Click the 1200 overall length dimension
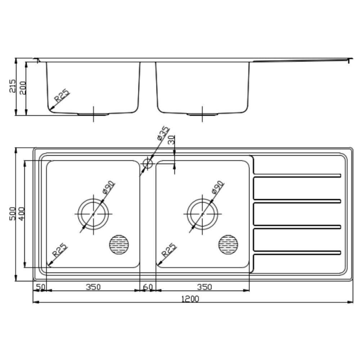190,299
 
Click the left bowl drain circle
93,213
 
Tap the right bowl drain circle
202,213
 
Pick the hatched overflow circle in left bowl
119,245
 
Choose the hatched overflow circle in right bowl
228,245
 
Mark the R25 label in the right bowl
169,250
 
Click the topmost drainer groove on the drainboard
297,175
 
